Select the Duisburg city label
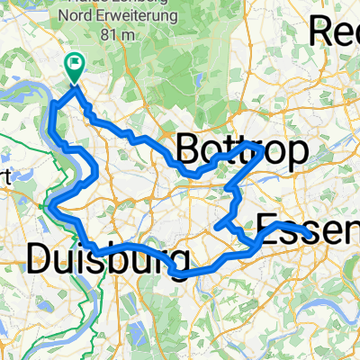click(100, 258)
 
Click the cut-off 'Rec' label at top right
click(335, 31)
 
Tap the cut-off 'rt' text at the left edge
click(4, 177)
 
